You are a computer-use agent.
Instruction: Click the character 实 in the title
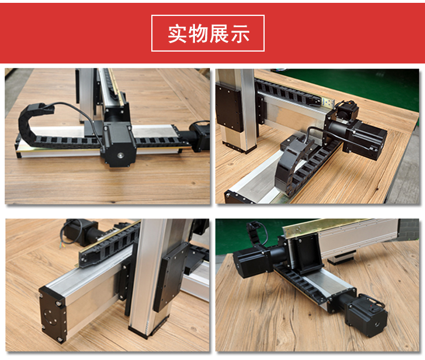coord(177,34)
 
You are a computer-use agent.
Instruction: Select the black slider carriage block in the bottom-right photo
coord(305,253)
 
